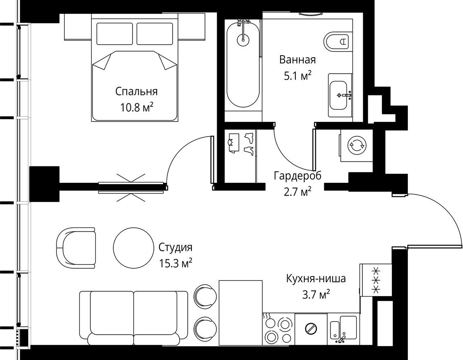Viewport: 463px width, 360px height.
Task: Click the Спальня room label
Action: click(x=136, y=91)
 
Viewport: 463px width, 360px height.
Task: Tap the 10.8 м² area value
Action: click(x=136, y=107)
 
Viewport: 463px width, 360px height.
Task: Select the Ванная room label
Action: click(x=297, y=60)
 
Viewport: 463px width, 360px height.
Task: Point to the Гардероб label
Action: click(x=297, y=176)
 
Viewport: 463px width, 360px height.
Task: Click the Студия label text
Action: click(x=175, y=248)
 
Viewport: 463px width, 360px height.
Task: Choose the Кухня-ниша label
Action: click(x=316, y=279)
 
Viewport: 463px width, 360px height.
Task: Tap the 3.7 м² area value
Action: click(x=316, y=295)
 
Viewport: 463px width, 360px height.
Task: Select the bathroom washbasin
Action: click(x=339, y=95)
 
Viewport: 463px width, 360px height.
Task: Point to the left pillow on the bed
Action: click(x=115, y=34)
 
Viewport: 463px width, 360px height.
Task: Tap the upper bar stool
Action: click(x=203, y=295)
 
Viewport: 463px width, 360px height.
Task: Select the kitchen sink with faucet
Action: click(x=344, y=329)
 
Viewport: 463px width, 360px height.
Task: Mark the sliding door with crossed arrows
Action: click(x=132, y=187)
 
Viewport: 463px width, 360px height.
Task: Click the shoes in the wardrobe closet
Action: click(x=248, y=144)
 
